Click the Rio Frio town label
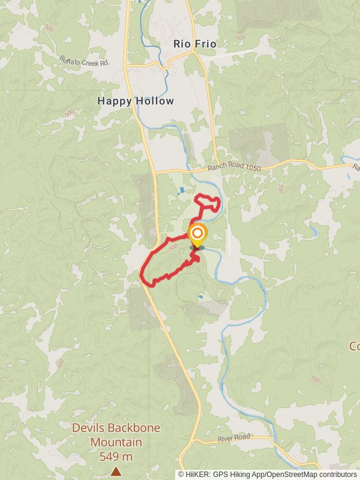tap(194, 44)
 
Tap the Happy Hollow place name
tap(136, 101)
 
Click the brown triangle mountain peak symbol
tap(115, 472)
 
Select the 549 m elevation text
tap(116, 457)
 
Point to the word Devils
tap(88, 428)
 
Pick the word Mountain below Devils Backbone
tap(116, 442)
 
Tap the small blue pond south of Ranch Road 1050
tap(181, 191)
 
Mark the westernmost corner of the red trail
tap(142, 275)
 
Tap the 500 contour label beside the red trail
tap(173, 247)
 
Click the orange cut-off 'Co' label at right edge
tap(354, 346)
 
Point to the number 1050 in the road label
tap(252, 169)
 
